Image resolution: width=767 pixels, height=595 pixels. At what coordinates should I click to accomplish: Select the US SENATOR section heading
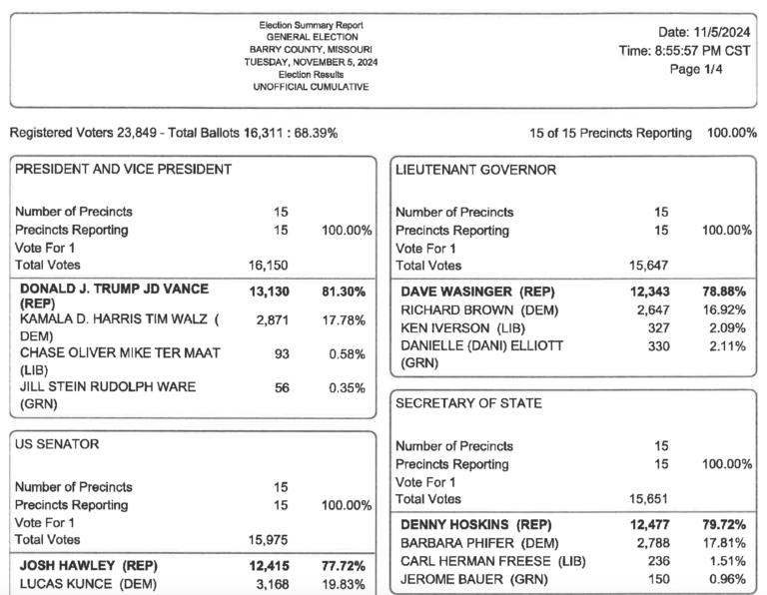[x=57, y=443]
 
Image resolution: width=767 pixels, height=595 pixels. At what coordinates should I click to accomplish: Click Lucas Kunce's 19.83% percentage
[x=344, y=584]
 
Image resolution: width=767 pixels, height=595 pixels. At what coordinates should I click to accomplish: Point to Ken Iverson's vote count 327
[x=658, y=327]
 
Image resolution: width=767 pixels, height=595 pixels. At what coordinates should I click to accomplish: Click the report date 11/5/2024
[x=710, y=33]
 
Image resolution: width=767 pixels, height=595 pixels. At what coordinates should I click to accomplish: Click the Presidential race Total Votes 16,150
[x=269, y=266]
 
